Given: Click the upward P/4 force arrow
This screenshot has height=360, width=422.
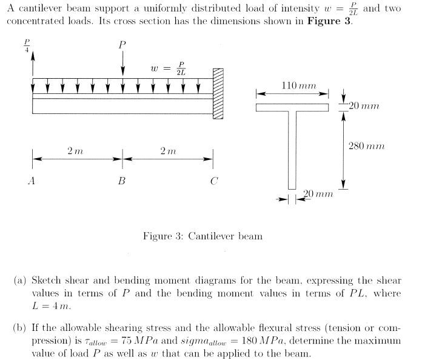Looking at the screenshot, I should (x=33, y=64).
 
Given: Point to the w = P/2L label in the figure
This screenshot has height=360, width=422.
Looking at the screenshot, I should (x=170, y=68).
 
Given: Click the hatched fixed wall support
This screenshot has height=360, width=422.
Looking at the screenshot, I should (x=218, y=93).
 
